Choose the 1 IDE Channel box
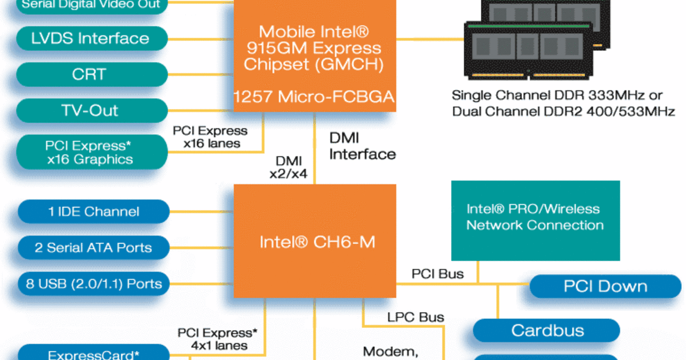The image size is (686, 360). tap(93, 211)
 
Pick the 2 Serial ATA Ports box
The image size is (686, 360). tap(93, 248)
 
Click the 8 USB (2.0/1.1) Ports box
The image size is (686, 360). tap(93, 283)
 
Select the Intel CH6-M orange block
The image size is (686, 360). tap(315, 241)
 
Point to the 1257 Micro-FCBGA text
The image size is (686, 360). tap(314, 98)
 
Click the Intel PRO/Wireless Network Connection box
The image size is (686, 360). tap(535, 218)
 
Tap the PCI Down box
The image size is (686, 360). tap(605, 286)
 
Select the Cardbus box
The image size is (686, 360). tap(547, 330)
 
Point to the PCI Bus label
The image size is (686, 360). tap(437, 274)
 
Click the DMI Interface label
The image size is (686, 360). tap(362, 146)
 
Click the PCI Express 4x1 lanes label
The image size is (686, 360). tap(217, 339)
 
